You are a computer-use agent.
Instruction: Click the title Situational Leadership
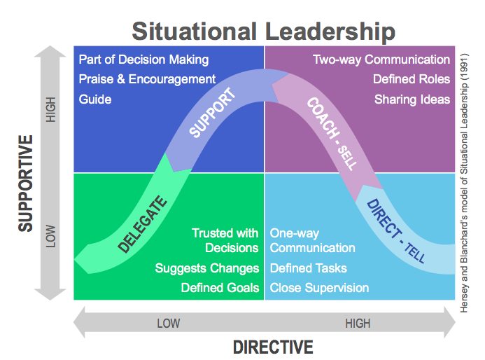click(x=263, y=32)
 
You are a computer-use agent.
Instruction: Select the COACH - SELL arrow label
click(x=331, y=133)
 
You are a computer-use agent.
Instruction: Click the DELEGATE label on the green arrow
click(x=143, y=224)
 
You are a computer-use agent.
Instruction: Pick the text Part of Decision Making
click(x=143, y=60)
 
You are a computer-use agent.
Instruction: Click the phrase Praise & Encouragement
click(x=147, y=79)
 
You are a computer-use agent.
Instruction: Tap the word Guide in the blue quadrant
click(x=94, y=99)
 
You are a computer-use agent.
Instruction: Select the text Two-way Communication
click(x=381, y=60)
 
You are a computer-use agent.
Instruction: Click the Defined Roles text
click(x=412, y=79)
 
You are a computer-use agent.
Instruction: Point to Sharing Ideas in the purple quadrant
click(x=412, y=99)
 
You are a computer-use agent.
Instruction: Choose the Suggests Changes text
click(x=207, y=268)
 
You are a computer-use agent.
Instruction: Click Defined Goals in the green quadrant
click(x=220, y=287)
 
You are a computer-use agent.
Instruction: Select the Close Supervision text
click(x=319, y=287)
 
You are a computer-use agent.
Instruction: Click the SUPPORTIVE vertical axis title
click(x=26, y=183)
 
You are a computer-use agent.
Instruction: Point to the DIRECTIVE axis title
click(x=273, y=347)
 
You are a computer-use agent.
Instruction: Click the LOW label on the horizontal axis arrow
click(x=168, y=323)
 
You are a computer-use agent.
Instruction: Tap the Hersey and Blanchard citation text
click(x=464, y=181)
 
